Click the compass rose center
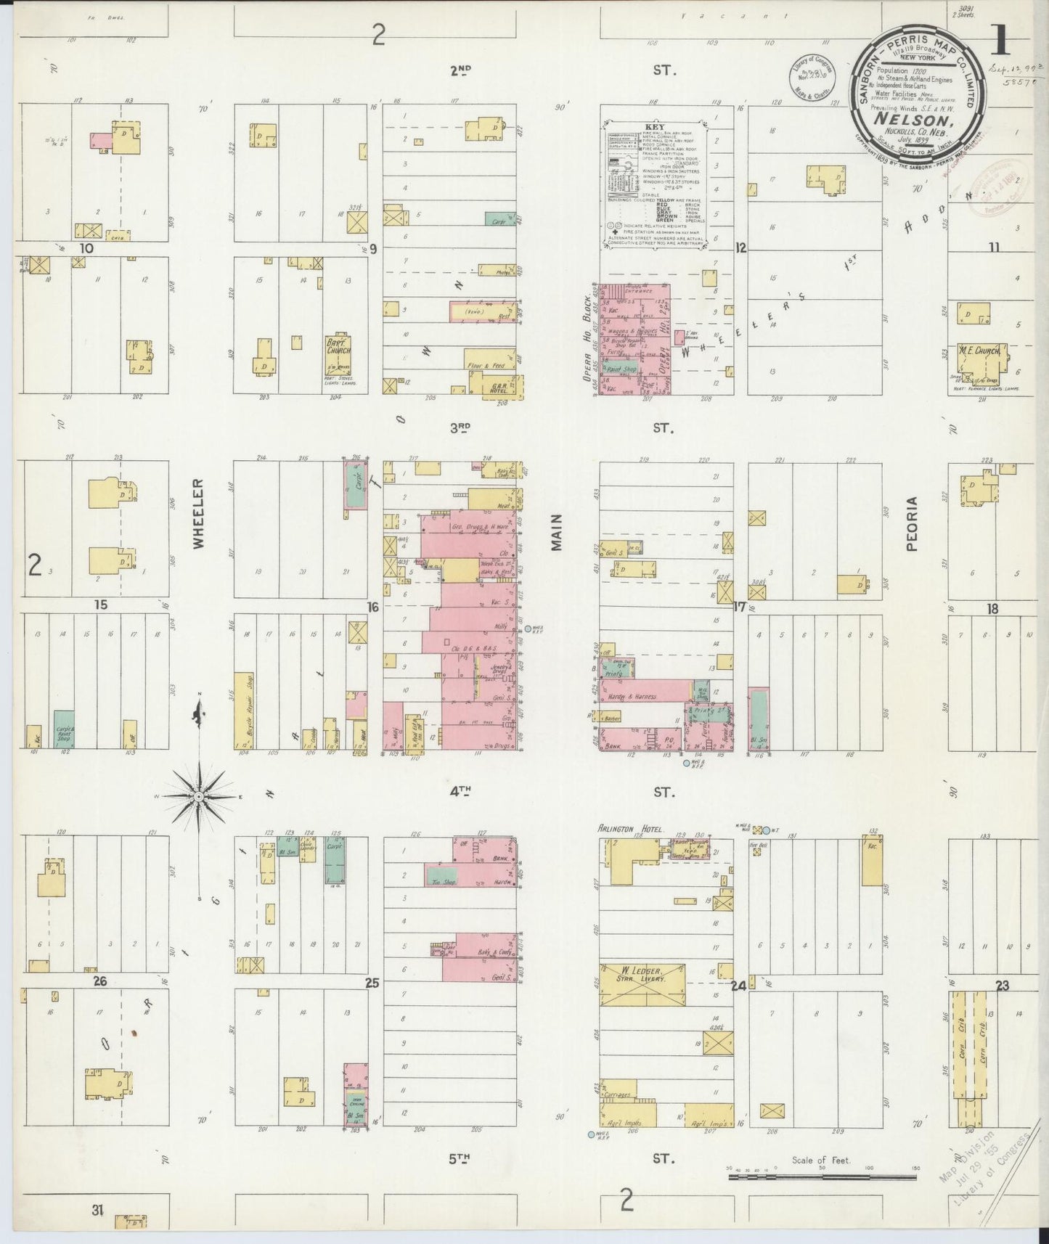(198, 797)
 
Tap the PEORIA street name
(912, 524)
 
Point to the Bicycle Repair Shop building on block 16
(244, 711)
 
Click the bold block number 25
(372, 985)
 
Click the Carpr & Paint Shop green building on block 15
(64, 729)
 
